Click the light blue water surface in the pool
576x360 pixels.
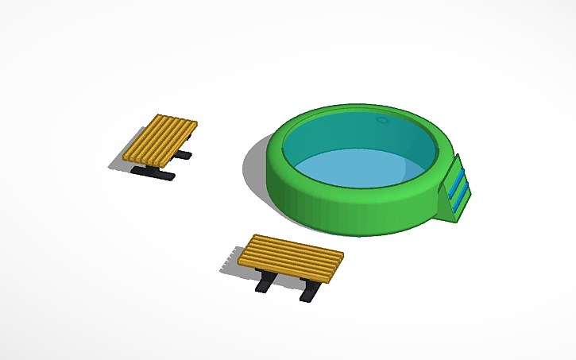[358, 168]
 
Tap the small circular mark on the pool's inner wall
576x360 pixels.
[384, 120]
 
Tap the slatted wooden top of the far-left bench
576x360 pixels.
[160, 138]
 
